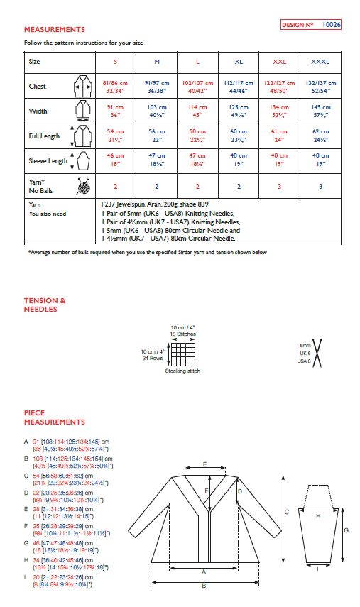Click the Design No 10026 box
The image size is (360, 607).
pos(311,24)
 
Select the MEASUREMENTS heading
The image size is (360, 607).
pos(55,30)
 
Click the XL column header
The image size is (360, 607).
pos(239,62)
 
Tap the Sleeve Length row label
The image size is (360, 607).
pos(48,161)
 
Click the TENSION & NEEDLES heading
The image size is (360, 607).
pos(45,305)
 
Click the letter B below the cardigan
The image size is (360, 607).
pos(204,586)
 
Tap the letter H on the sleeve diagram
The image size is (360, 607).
pos(317,515)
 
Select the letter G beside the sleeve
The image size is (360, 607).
pos(345,530)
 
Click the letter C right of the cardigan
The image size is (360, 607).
pos(285,511)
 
